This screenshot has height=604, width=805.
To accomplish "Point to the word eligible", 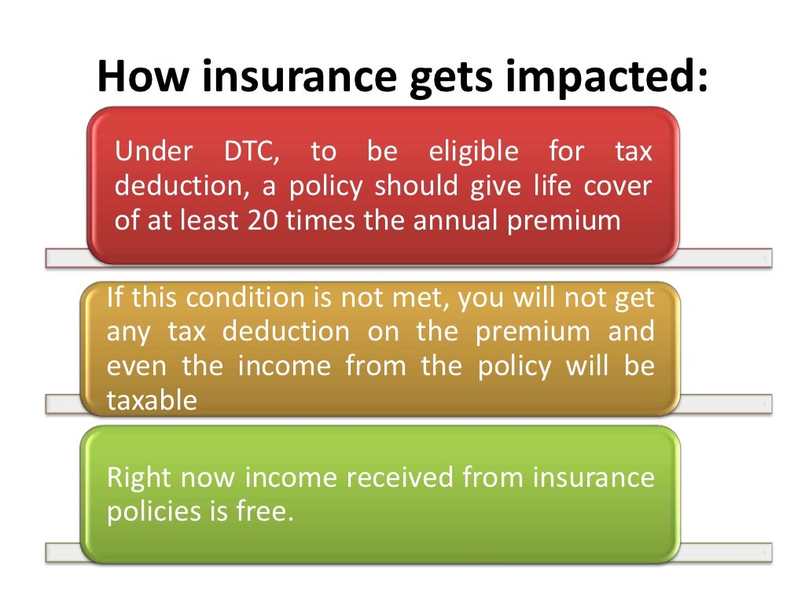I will coord(473,152).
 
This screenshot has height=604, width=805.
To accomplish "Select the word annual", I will coord(454,220).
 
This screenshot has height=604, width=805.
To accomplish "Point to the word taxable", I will coord(152,401).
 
